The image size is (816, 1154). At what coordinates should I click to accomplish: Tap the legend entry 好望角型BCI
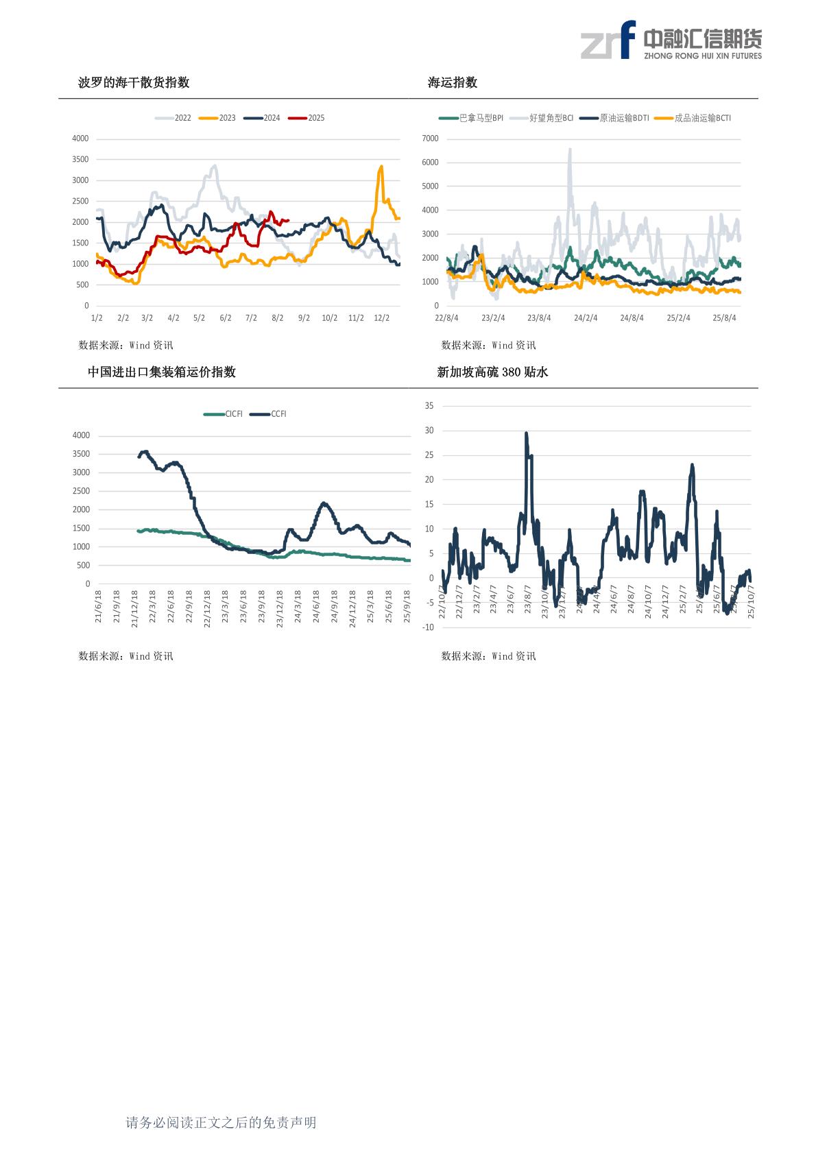tap(551, 118)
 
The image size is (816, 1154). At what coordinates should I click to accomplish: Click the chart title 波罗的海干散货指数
tap(134, 83)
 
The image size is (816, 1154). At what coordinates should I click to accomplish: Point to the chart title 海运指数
tap(453, 83)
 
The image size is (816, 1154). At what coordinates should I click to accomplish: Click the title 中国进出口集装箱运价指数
tap(162, 372)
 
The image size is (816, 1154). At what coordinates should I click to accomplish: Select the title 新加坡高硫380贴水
tap(492, 372)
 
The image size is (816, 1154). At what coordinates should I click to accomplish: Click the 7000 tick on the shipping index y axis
tap(430, 139)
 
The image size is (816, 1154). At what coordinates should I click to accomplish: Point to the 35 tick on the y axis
tap(429, 406)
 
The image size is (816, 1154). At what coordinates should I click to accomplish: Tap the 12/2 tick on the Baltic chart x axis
tap(381, 318)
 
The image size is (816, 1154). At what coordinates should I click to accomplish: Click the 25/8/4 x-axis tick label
tap(724, 318)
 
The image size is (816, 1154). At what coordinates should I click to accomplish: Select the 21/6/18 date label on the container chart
tap(98, 606)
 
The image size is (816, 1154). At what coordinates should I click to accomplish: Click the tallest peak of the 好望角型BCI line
tap(570, 149)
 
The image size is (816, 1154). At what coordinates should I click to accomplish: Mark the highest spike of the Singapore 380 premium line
tap(526, 433)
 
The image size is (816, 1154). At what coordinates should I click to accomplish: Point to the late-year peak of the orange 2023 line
tap(381, 166)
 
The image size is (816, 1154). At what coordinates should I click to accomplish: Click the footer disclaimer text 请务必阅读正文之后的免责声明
tap(221, 1122)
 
